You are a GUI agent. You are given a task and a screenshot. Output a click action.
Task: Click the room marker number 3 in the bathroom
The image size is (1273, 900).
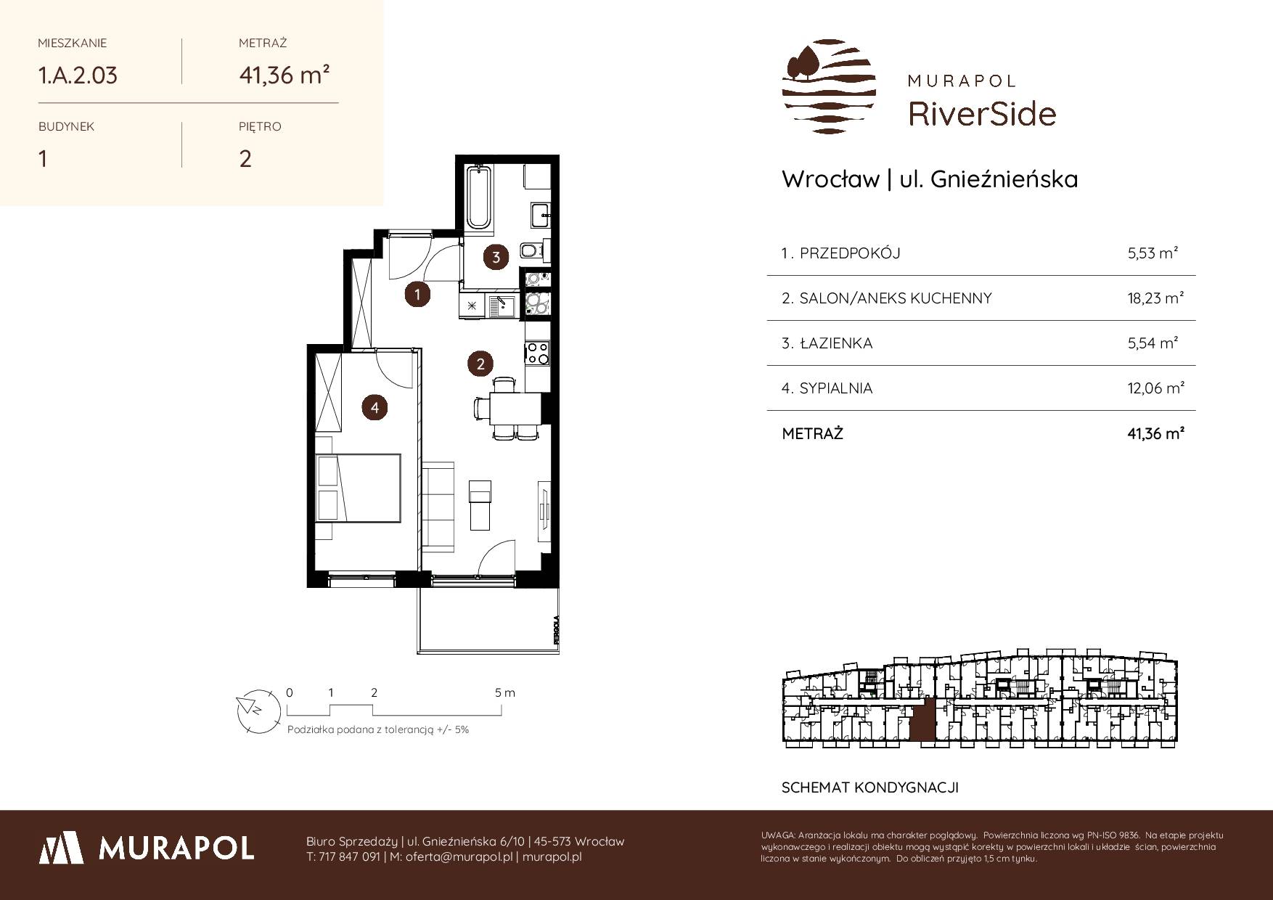point(496,256)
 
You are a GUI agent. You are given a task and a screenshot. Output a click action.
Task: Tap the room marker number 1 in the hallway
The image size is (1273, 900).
point(417,294)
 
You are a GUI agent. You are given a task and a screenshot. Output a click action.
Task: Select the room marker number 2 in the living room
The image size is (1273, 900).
point(480,364)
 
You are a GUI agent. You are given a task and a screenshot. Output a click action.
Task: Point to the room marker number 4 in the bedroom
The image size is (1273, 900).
point(374,407)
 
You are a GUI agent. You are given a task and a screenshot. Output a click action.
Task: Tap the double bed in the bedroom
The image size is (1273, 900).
point(359,488)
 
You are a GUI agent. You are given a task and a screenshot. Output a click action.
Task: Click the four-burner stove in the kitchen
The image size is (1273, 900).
point(538,353)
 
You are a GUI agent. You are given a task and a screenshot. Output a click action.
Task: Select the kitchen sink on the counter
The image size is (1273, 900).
point(502,306)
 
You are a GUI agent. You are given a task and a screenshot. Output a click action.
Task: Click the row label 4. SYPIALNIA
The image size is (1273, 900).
point(827,388)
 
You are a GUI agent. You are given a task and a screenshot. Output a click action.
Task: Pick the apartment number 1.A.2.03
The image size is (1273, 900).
point(78,75)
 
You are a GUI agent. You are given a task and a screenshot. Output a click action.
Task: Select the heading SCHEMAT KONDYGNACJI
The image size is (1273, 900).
point(869,787)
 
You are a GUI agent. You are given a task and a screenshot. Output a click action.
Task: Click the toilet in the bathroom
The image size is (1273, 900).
point(532,251)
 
